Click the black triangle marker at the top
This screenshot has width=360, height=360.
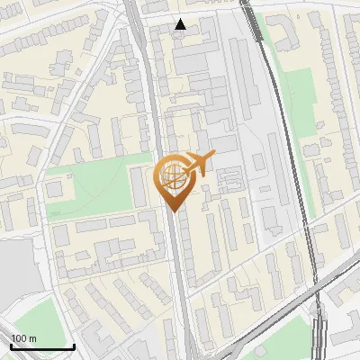(181, 24)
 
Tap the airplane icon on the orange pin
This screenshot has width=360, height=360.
(199, 163)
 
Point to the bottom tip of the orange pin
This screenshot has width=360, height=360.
(172, 211)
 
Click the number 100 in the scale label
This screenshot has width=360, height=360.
(19, 337)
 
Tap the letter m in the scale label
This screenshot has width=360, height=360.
(32, 337)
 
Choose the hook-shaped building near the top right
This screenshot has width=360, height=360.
(283, 31)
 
